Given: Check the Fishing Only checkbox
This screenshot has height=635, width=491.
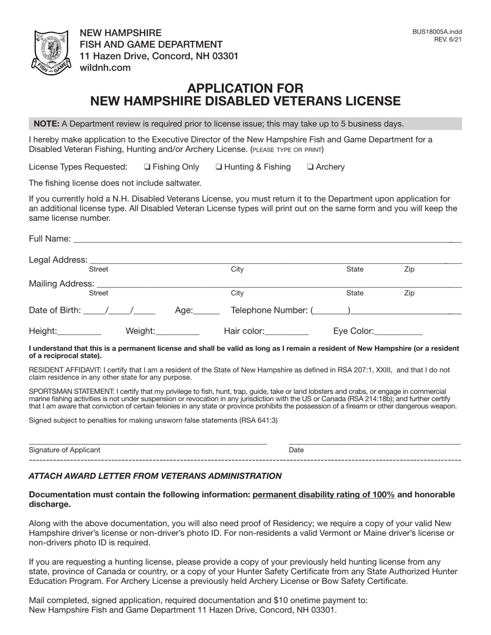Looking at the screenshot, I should [147, 167].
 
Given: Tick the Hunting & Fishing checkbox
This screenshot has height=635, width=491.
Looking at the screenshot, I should [219, 167].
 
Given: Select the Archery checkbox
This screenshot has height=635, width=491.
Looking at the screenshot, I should [310, 167].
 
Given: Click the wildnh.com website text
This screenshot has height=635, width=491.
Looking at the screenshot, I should [105, 68].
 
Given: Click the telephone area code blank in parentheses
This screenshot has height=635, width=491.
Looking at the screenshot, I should [331, 311].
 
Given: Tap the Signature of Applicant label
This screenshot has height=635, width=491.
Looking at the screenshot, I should [65, 450].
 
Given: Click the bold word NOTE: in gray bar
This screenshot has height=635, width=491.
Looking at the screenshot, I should [47, 124].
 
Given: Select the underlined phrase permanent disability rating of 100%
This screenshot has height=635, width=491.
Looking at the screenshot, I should [324, 495].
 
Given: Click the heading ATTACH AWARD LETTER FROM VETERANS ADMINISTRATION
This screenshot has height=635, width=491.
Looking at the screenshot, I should [155, 476].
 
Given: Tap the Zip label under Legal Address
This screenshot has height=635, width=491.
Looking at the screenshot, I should [409, 269].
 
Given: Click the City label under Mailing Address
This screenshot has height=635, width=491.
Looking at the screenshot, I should [237, 293].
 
